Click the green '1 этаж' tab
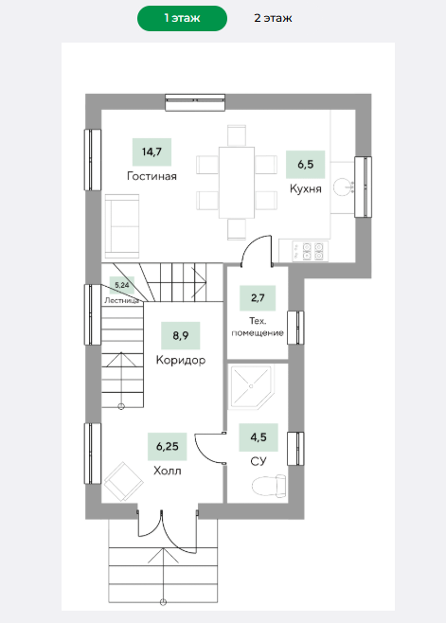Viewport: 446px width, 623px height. click(182, 18)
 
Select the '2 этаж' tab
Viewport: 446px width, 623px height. click(273, 18)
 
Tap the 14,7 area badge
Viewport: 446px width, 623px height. click(152, 151)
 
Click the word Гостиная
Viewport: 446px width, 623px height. click(152, 176)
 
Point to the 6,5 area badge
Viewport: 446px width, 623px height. click(305, 164)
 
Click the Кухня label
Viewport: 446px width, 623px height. click(305, 188)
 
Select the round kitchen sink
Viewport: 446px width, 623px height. click(343, 187)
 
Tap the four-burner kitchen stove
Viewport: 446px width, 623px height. click(311, 251)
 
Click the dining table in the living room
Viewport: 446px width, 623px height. click(237, 183)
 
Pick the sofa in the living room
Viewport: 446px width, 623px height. click(122, 225)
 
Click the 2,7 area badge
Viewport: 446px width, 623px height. click(258, 297)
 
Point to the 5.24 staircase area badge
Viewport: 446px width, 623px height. click(122, 285)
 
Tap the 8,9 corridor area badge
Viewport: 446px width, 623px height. click(181, 336)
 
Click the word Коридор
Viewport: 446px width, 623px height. click(181, 360)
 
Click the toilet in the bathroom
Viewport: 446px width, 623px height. click(269, 485)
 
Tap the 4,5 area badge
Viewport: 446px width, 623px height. click(259, 437)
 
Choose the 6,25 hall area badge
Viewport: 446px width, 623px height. click(168, 447)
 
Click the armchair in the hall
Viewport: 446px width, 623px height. click(124, 481)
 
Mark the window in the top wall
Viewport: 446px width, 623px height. click(195, 101)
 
